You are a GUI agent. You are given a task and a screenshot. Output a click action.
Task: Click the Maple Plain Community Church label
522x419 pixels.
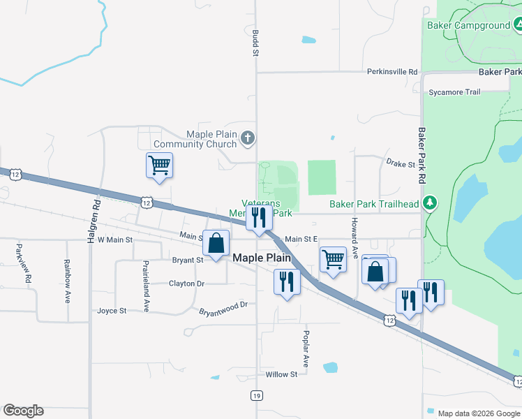[195, 140]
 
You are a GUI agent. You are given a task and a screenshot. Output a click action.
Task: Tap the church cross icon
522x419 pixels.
[248, 139]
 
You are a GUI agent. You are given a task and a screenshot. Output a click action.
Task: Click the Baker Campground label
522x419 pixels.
[468, 26]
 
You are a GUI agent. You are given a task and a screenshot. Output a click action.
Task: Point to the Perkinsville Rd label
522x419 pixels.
[392, 72]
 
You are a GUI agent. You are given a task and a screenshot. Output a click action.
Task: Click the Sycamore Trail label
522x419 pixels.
[454, 92]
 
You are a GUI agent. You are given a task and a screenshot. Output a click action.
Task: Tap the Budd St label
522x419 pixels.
[255, 43]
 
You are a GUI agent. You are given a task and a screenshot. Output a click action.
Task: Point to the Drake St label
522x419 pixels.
[401, 163]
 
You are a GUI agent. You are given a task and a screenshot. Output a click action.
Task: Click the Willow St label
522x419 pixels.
[281, 374]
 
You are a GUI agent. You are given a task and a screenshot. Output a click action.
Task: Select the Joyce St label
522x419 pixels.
[112, 311]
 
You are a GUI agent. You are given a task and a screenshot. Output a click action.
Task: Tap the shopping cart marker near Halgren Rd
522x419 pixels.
[160, 166]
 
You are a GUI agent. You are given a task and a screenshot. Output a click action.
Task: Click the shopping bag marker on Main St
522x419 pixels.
[216, 244]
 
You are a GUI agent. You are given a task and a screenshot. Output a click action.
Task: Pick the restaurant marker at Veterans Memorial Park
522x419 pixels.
[259, 218]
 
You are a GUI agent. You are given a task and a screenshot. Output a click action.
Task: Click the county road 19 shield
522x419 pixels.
[257, 396]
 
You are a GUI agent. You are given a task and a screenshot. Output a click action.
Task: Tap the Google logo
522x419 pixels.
[23, 411]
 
